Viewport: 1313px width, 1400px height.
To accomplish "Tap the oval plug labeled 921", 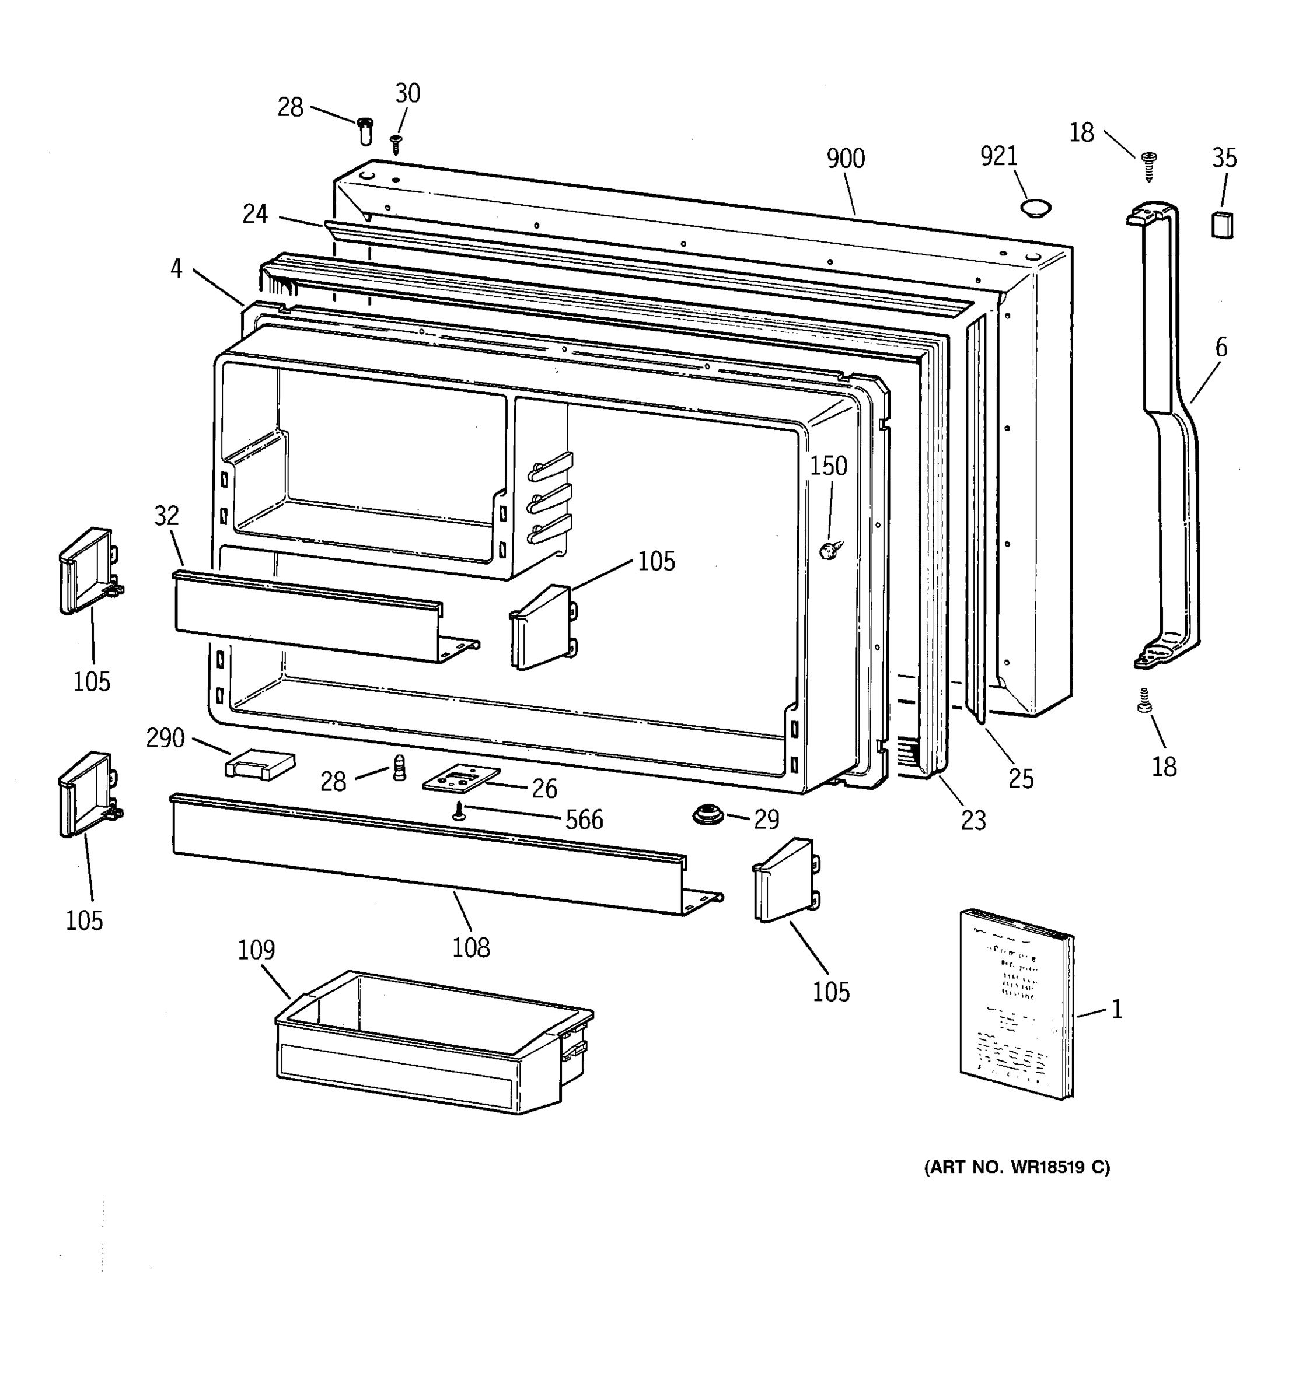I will point(1035,208).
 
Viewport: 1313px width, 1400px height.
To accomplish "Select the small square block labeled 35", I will point(1222,225).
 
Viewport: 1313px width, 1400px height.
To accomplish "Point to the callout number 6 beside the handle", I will point(1221,347).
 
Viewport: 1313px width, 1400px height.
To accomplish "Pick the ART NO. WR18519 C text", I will point(1017,1168).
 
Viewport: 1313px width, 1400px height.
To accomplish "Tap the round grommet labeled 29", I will point(708,815).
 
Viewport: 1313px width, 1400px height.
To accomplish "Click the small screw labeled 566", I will point(459,812).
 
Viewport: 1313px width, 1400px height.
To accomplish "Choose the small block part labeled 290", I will point(259,764).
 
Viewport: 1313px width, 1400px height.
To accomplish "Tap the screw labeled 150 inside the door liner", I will point(829,551).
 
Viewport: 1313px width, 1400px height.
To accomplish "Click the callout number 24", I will point(255,214).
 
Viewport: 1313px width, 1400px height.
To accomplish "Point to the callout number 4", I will point(176,268).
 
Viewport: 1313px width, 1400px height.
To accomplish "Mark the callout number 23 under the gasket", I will point(973,820).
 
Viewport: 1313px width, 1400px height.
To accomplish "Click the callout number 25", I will point(1021,778).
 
